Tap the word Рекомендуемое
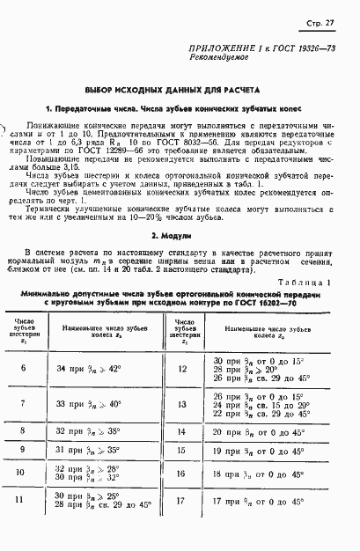tap(221, 65)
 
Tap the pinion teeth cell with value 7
tap(20, 403)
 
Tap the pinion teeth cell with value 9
tap(20, 450)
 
